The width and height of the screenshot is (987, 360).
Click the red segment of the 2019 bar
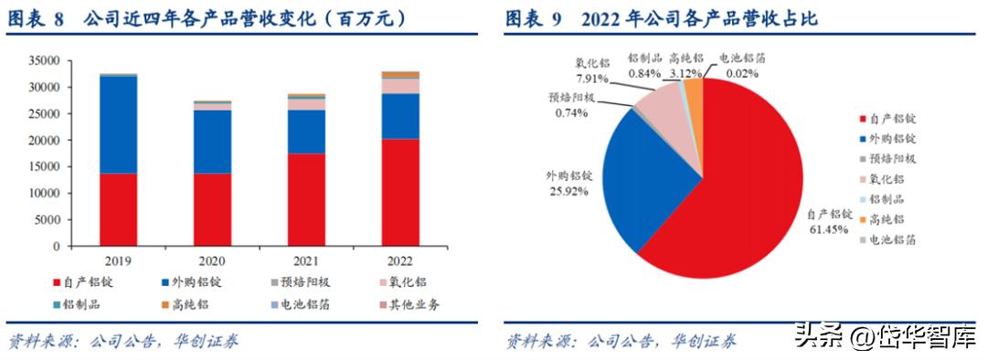point(119,209)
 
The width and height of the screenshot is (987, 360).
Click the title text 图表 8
point(37,18)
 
